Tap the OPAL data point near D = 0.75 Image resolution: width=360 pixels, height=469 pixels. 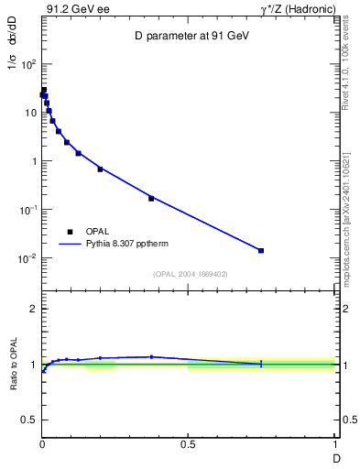point(261,250)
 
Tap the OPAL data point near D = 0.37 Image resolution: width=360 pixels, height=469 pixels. point(151,198)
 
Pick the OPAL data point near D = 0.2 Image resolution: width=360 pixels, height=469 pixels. point(101,169)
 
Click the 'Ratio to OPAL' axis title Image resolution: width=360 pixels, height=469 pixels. point(14,365)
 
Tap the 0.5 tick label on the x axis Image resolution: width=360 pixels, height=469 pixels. point(189,444)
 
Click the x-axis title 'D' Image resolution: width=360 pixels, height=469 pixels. point(335,456)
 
